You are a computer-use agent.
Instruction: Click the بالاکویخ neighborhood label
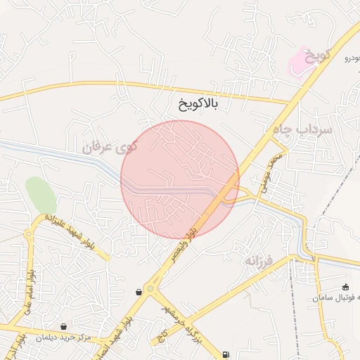tap(199, 105)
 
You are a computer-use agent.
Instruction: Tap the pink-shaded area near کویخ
tap(300, 62)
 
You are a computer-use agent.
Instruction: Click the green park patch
tap(40, 194)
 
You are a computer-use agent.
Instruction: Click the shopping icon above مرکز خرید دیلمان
tap(64, 326)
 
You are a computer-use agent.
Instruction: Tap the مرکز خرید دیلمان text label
tap(66, 337)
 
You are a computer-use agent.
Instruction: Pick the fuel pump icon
tap(225, 354)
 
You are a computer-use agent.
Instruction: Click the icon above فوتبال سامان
tap(345, 287)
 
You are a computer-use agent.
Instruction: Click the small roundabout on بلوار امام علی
tap(29, 233)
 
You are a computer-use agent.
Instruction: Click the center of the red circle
tap(180, 180)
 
